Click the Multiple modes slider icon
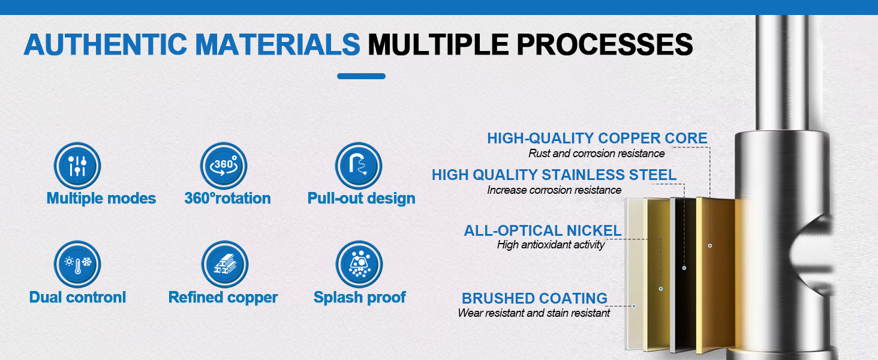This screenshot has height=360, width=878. point(77,166)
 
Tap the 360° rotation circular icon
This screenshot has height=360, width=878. point(224,166)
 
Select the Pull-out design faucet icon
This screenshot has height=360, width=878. point(358,166)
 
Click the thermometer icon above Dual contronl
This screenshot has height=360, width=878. point(77,264)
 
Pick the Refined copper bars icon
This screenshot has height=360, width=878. point(224,264)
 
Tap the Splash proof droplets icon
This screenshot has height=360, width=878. point(359,264)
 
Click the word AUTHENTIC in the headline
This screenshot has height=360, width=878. point(106,44)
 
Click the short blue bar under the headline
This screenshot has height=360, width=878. point(361,76)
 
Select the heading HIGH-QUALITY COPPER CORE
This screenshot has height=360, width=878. point(597,138)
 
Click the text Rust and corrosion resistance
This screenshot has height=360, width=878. point(596,154)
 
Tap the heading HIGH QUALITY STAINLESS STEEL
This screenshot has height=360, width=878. point(554,175)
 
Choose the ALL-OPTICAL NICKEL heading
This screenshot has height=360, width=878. point(543,230)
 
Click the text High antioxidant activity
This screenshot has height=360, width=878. point(551,245)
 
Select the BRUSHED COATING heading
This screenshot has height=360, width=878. point(534,298)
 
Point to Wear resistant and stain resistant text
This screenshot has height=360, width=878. point(534,313)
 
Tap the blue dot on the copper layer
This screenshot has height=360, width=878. point(710,245)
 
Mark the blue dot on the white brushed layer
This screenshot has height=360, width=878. point(634,306)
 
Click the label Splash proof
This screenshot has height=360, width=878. point(359,298)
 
